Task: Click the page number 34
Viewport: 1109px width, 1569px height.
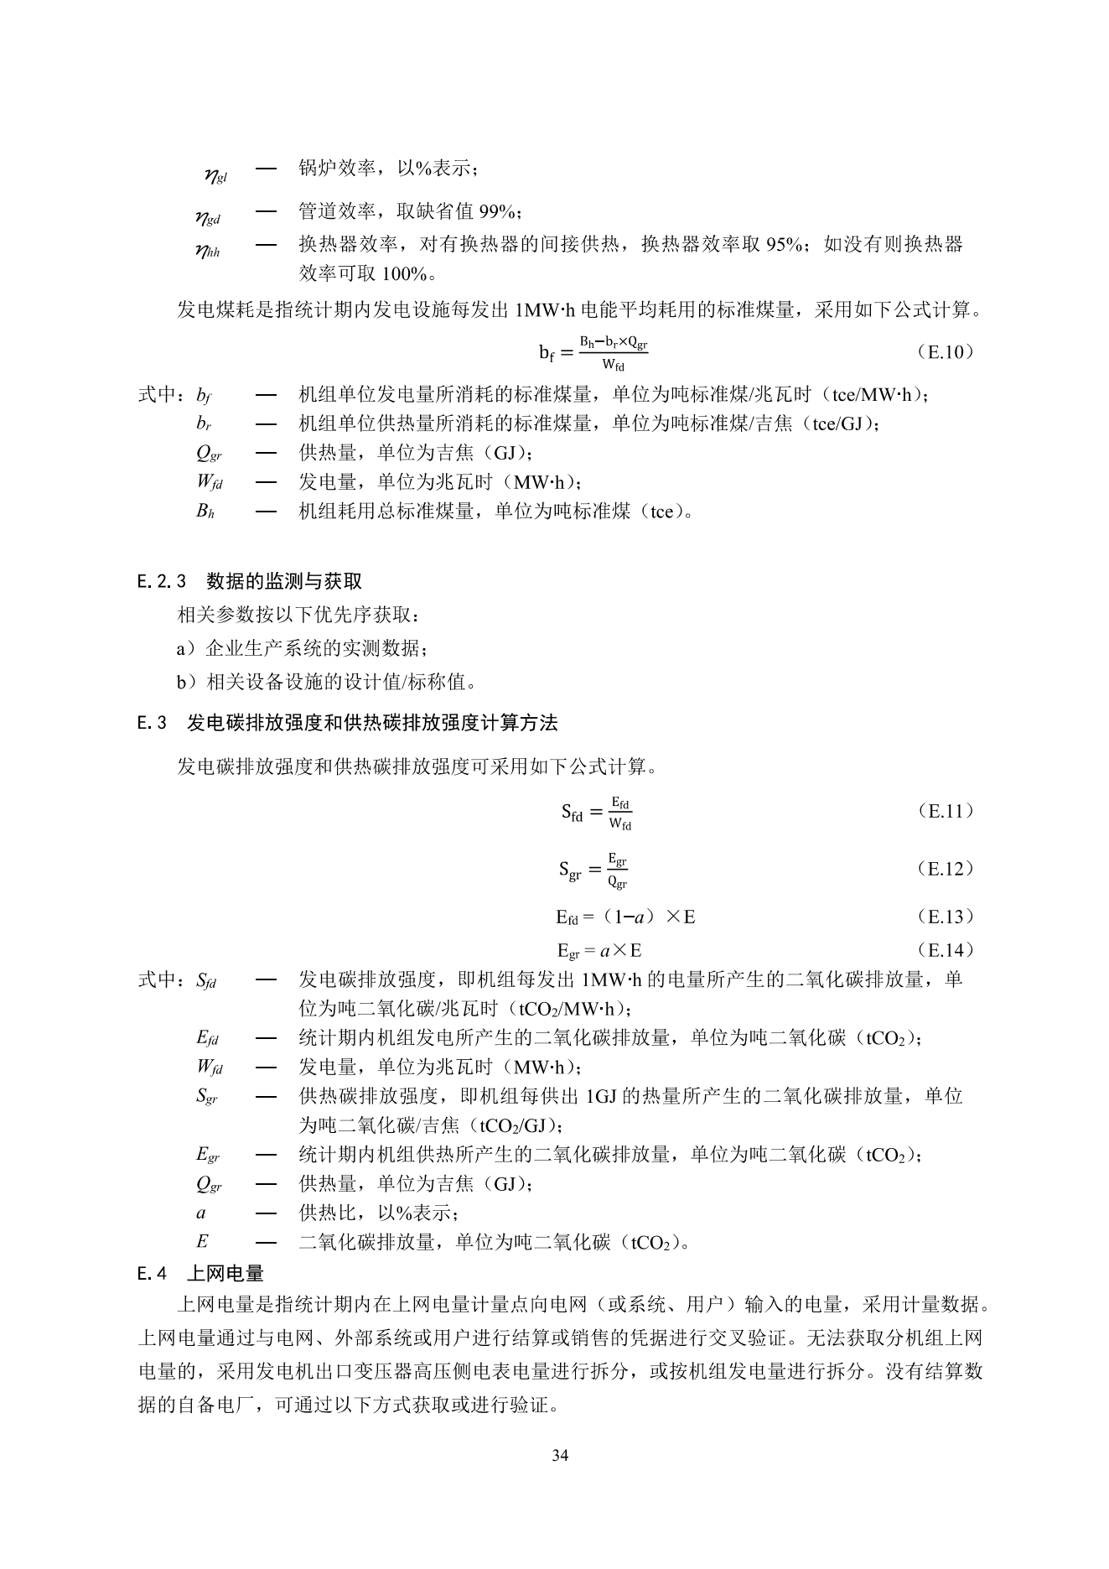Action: click(560, 1455)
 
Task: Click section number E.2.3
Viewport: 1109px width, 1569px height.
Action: click(162, 581)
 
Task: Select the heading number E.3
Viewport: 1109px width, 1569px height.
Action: click(153, 723)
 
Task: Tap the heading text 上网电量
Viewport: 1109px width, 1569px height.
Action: click(225, 1274)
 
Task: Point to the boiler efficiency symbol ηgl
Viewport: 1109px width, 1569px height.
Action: click(215, 174)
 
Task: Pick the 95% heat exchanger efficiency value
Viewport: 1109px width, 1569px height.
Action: click(785, 244)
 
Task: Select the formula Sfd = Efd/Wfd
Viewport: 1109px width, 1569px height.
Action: click(596, 812)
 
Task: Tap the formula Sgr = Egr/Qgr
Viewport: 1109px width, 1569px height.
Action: click(593, 869)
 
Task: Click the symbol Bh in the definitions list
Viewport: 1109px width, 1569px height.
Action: click(205, 511)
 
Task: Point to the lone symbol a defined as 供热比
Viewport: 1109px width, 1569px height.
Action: click(202, 1213)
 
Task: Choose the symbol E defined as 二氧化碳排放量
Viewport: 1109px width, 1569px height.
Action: click(202, 1242)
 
